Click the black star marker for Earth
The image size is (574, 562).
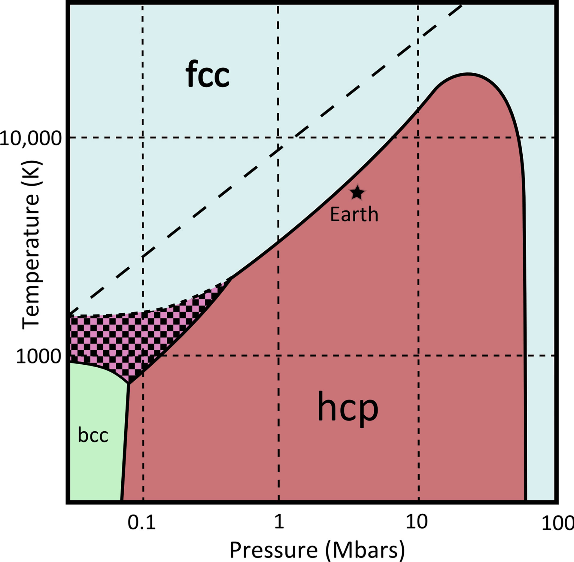click(357, 193)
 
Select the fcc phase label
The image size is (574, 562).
click(207, 74)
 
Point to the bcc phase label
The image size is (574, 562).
click(93, 435)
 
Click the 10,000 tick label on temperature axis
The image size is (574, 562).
click(30, 139)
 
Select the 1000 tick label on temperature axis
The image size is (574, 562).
click(38, 357)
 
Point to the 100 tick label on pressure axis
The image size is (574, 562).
click(557, 524)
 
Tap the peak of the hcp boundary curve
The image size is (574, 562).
click(467, 73)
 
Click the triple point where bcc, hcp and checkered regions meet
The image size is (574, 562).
click(129, 384)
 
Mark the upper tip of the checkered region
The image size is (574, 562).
click(230, 279)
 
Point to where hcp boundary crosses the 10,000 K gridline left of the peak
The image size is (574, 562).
click(393, 138)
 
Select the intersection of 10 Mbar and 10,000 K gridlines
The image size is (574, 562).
click(418, 138)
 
